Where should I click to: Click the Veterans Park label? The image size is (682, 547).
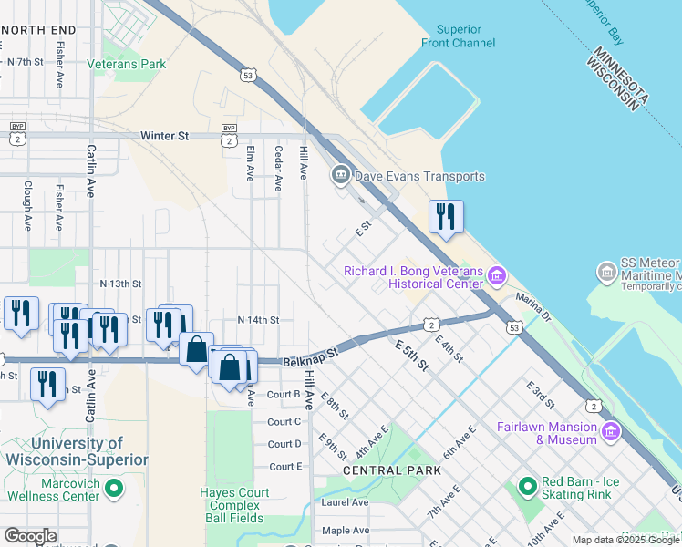127,64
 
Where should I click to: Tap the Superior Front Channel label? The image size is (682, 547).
459,36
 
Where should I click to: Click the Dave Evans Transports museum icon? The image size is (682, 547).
341,173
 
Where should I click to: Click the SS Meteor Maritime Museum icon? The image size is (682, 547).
606,272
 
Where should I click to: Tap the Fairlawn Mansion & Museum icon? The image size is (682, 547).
610,429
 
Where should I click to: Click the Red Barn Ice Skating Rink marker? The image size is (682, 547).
526,487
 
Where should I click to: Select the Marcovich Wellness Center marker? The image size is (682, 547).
113,490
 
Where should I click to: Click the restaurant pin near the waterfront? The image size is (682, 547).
446,218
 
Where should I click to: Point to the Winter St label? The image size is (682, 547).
164,136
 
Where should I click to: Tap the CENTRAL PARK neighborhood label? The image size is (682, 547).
392,470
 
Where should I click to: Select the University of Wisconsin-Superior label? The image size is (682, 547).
77,451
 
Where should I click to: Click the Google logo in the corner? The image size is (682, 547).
30,536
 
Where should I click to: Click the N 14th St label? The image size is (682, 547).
257,320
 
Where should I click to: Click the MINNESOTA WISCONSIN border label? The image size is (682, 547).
617,78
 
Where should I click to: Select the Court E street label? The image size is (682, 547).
284,467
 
